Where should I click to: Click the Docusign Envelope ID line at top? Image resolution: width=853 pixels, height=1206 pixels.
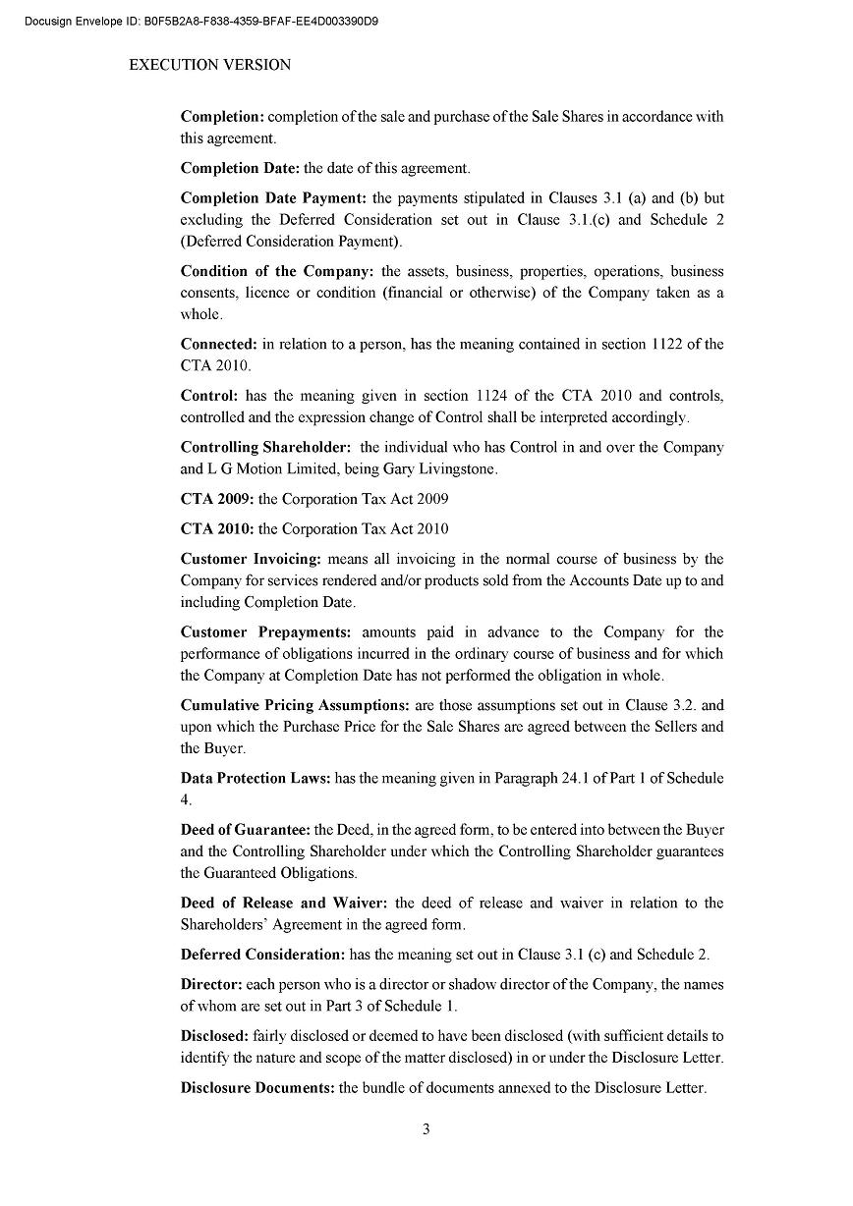pyautogui.click(x=201, y=20)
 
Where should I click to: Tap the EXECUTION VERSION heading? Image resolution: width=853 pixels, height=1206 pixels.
pyautogui.click(x=209, y=65)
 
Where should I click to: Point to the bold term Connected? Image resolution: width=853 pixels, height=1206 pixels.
pyautogui.click(x=219, y=344)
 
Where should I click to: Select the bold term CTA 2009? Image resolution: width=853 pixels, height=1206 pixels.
pyautogui.click(x=217, y=499)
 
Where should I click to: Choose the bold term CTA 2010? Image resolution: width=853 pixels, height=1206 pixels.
pyautogui.click(x=217, y=528)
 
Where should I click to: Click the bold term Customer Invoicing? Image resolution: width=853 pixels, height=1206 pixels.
pyautogui.click(x=251, y=559)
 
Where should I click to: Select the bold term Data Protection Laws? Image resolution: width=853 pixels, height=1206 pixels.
pyautogui.click(x=256, y=778)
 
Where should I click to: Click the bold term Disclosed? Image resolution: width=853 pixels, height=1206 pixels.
pyautogui.click(x=214, y=1036)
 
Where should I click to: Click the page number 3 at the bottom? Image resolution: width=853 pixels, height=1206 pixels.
pyautogui.click(x=426, y=1128)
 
